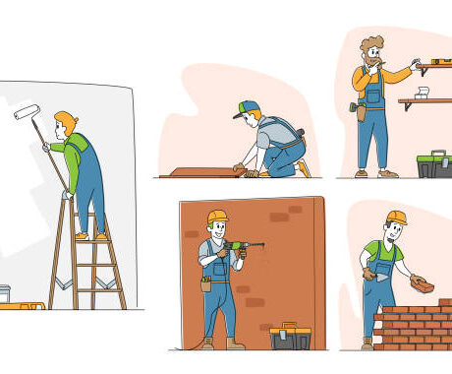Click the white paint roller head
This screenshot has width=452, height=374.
pos(28,111)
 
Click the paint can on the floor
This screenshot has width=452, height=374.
pos(4,293)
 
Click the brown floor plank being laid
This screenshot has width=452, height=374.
pos(201,172)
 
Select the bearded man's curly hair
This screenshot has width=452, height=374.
pos(372,45)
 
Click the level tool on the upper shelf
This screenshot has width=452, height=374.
pos(433,62)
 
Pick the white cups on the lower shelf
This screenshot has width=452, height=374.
pos(422,93)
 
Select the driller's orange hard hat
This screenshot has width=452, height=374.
pos(217,216)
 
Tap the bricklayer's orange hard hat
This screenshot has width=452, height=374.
pos(396,218)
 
